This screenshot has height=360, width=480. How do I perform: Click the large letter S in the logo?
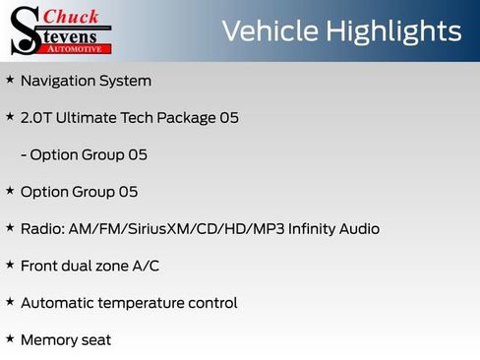[x=24, y=31]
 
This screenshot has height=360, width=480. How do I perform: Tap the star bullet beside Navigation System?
[x=10, y=80]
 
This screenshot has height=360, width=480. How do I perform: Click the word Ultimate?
[x=87, y=118]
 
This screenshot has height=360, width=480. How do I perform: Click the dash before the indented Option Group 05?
[x=23, y=155]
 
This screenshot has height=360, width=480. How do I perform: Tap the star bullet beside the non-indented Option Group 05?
[x=10, y=191]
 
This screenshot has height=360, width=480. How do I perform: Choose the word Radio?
[x=41, y=229]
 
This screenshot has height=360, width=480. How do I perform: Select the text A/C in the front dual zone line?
[x=146, y=266]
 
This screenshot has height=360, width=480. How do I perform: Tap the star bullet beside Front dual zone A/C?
[x=10, y=265]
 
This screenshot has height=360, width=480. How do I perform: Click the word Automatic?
[x=58, y=303]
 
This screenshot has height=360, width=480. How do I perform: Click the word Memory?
[x=48, y=340]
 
